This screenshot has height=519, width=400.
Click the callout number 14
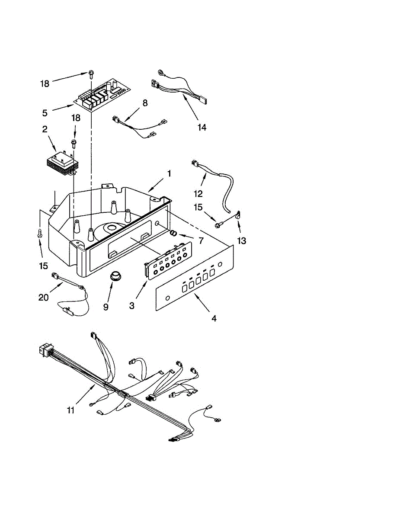[x=202, y=127]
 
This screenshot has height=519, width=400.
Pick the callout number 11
[x=71, y=410]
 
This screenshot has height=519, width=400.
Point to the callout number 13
[x=241, y=240]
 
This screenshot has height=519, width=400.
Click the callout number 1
[x=169, y=173]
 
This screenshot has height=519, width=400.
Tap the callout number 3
[x=131, y=305]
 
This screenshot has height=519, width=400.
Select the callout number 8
[x=145, y=103]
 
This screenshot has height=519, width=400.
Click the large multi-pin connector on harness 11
[x=45, y=350]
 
